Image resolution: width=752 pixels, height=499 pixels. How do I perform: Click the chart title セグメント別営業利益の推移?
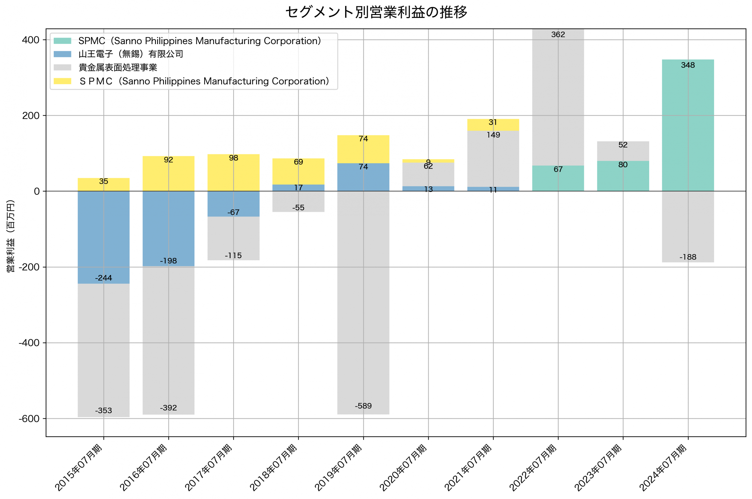coord(376,12)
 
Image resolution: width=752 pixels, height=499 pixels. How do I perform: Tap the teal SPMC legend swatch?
coord(62,41)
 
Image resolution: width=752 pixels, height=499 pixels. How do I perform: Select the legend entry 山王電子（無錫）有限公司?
coord(131,54)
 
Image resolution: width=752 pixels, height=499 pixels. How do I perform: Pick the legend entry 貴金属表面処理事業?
coord(117,67)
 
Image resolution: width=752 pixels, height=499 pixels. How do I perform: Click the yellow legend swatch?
coord(62,81)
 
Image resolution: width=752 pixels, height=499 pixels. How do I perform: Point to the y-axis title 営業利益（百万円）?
coord(11,236)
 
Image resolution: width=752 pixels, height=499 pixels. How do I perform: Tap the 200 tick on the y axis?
coord(31,116)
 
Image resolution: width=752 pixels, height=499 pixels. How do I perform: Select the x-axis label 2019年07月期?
coord(339,467)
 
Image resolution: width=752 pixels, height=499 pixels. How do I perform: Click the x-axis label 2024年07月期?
coord(664,467)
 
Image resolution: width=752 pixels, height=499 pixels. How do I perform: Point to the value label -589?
coord(363,406)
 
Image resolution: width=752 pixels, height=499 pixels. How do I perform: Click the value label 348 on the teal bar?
coord(688,65)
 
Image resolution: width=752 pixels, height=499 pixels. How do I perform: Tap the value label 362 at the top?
coord(558,34)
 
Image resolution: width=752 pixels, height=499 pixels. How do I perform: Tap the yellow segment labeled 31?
coord(493,125)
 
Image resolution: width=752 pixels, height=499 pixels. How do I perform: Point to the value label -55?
coord(298,208)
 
